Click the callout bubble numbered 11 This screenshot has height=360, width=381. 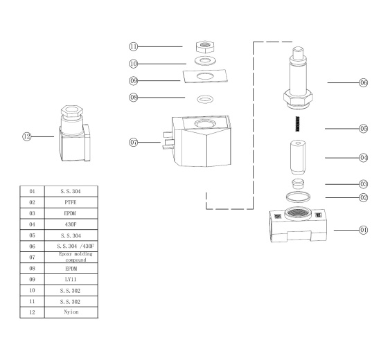point(134,46)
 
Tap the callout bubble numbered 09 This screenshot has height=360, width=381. point(134,80)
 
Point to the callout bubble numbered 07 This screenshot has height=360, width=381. point(134,143)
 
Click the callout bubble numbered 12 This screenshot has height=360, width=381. point(28,137)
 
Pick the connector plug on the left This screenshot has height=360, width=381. point(71,136)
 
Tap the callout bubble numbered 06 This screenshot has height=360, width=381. point(363,82)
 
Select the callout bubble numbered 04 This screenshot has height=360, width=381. point(363,158)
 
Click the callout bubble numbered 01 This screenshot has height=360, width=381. point(363,229)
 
